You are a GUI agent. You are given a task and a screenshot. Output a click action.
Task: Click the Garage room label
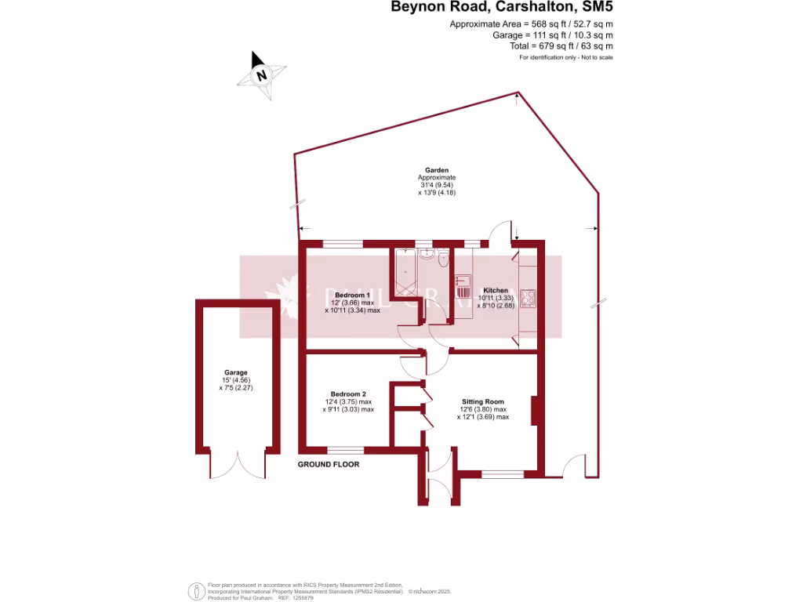coord(236,373)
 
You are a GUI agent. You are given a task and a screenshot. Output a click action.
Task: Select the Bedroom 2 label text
coord(349,393)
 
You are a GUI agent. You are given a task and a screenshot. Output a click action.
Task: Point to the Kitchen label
coord(496,290)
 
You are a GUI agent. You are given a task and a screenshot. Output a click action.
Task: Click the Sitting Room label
coord(483,401)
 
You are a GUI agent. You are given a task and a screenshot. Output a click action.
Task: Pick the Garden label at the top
coord(437,170)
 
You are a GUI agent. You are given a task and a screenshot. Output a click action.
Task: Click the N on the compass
coord(262,76)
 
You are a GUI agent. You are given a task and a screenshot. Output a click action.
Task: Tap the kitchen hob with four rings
coord(527,298)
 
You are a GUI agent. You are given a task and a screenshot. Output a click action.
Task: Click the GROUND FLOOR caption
coord(329,465)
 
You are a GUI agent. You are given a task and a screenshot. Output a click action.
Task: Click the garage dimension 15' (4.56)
coord(236,380)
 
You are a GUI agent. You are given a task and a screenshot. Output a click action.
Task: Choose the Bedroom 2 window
coord(345,450)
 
